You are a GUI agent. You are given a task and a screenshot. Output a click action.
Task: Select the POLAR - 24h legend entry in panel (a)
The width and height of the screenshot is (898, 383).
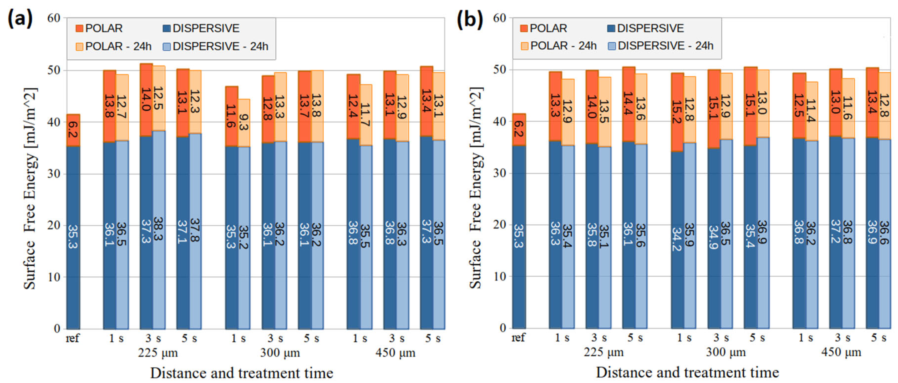[114, 46]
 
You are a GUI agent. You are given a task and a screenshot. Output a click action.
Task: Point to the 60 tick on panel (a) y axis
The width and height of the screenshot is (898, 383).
[54, 18]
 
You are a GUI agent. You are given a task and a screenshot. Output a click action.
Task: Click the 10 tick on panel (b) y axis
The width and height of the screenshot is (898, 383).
[500, 276]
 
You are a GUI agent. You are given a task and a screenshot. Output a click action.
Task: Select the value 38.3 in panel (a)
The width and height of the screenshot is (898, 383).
[159, 228]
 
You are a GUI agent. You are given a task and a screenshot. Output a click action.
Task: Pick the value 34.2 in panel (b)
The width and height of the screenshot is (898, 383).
[677, 239]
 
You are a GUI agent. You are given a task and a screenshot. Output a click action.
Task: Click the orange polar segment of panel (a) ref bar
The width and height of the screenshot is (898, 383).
[73, 130]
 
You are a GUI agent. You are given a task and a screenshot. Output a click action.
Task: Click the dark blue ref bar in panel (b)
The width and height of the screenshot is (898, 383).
[519, 237]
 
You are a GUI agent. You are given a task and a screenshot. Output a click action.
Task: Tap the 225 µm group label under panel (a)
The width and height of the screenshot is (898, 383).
[158, 353]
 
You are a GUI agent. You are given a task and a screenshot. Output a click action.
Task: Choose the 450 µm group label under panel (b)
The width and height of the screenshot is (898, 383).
[841, 352]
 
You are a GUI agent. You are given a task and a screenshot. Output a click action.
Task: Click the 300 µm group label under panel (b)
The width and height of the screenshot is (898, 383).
[726, 352]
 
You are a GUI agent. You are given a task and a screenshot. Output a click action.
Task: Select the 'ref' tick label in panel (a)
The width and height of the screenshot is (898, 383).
[73, 338]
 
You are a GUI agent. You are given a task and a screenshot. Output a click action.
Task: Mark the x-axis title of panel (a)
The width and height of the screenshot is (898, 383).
[242, 373]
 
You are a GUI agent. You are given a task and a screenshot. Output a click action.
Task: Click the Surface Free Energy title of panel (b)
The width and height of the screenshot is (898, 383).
[476, 188]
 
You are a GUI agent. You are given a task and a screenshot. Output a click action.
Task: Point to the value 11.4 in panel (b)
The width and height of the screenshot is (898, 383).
[811, 111]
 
